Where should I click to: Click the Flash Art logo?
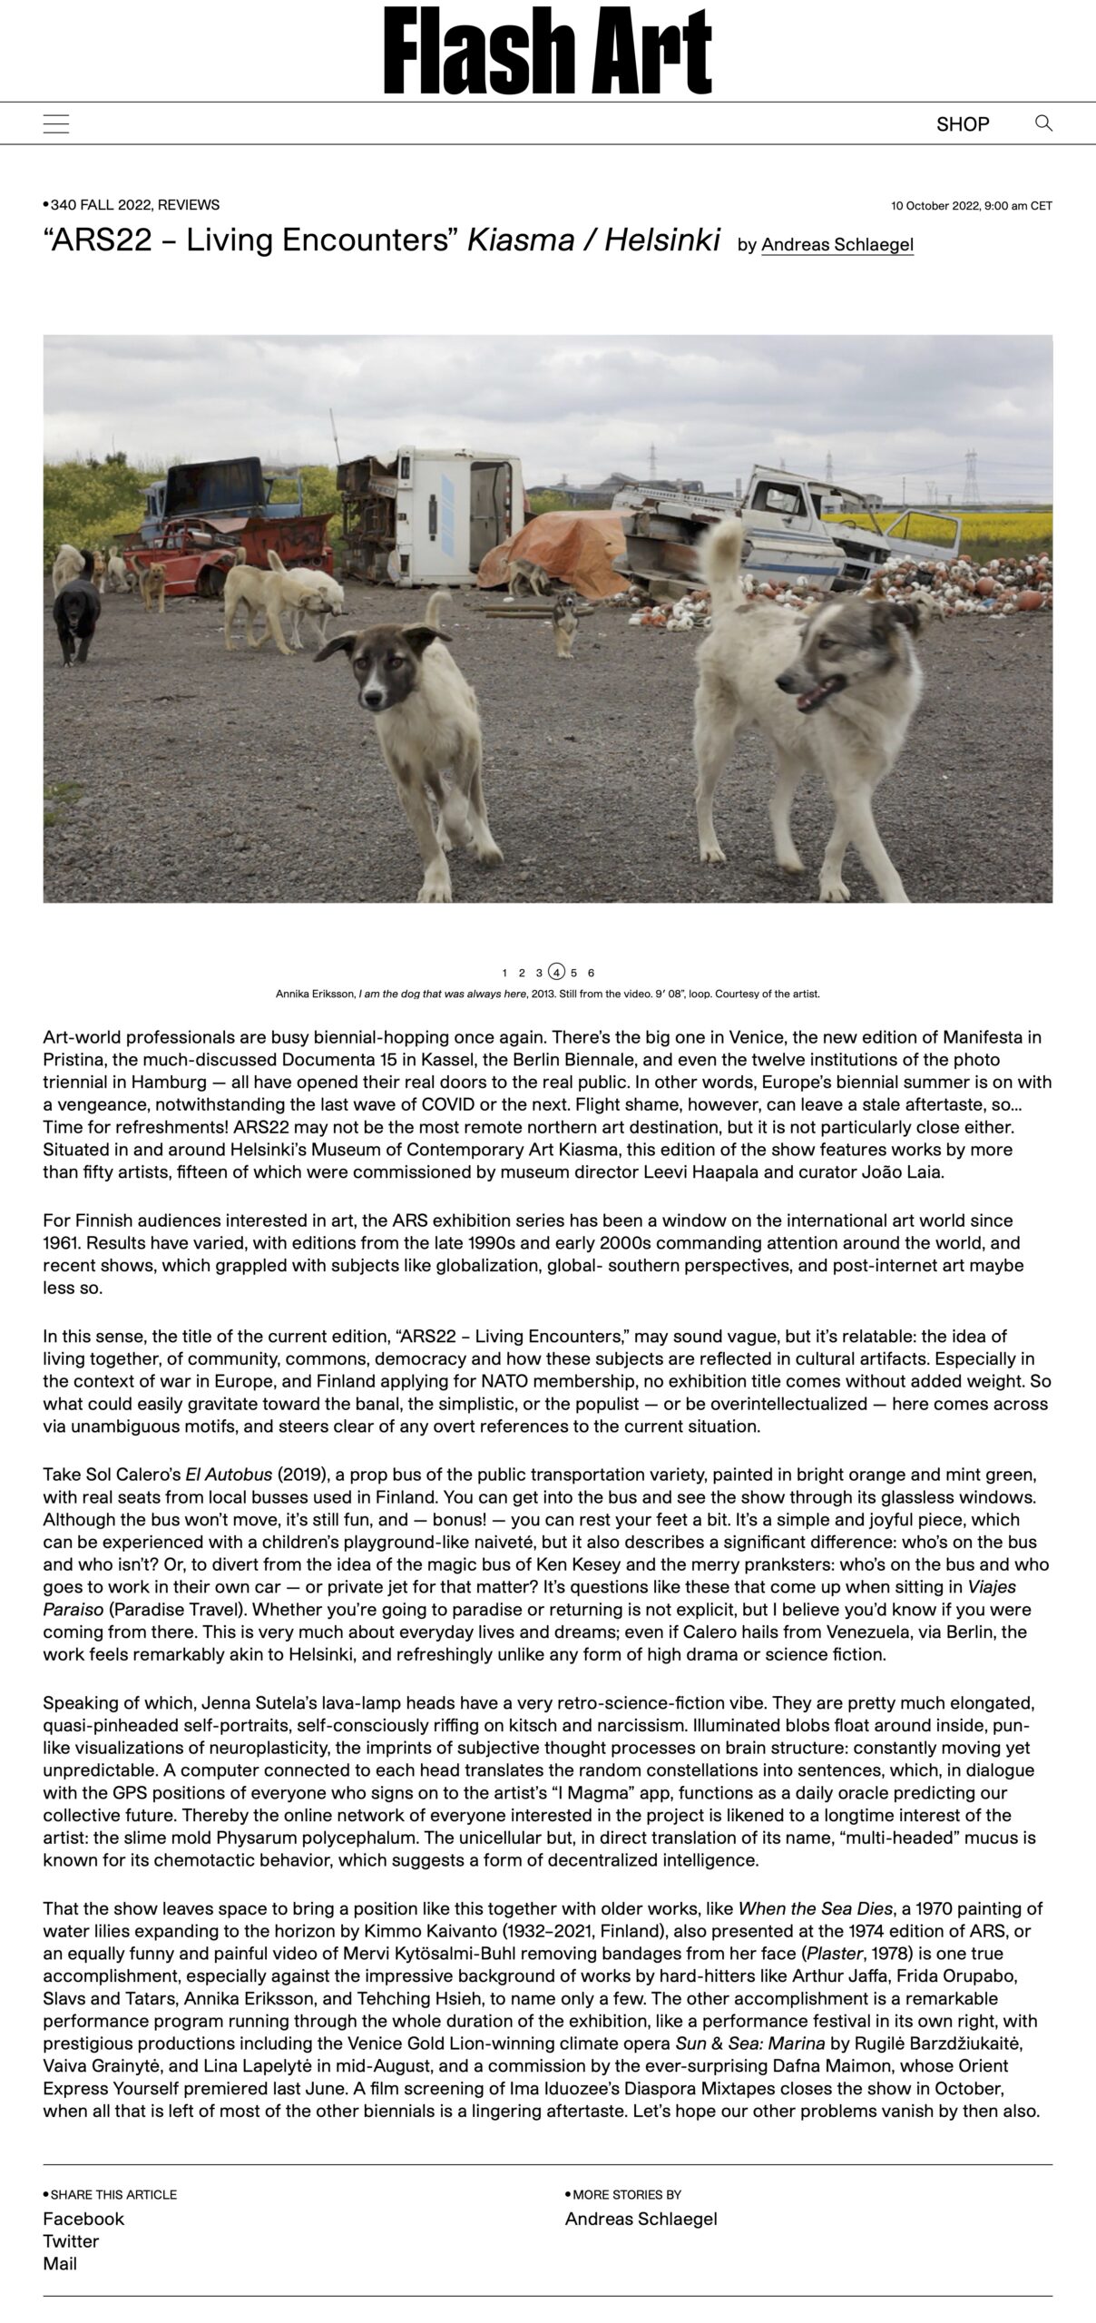coord(547,51)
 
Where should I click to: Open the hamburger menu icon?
coord(56,124)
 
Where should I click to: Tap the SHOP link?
coord(963,124)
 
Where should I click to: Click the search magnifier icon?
coord(1043,123)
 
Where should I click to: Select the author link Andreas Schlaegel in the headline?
coord(837,244)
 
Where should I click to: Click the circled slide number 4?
coord(556,972)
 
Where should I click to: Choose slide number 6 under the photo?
coord(592,973)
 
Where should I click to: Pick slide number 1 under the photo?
coord(504,973)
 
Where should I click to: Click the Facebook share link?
coord(83,2218)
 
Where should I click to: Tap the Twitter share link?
coord(71,2240)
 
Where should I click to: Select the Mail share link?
coord(60,2263)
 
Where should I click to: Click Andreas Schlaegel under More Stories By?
coord(641,2218)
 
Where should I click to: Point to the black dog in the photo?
coord(76,617)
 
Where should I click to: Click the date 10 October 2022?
coord(971,206)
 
